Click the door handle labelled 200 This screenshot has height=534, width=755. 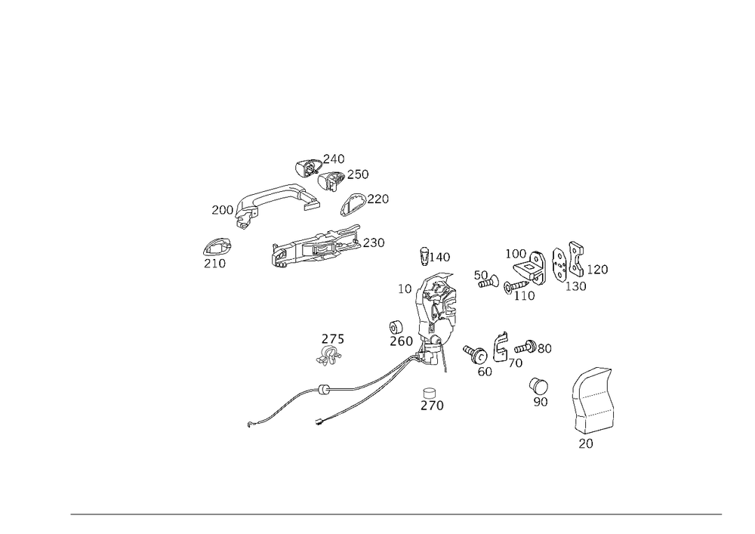270,196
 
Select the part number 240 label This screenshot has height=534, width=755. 334,159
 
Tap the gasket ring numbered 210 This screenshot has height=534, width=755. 217,247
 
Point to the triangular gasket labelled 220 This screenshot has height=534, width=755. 353,204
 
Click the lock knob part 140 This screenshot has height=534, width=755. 424,256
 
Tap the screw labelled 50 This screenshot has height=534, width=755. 488,282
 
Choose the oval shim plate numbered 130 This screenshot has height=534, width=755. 560,264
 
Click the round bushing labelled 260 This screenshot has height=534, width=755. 396,327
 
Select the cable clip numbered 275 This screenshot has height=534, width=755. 329,355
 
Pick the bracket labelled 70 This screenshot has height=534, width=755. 501,347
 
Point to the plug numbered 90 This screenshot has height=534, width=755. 539,386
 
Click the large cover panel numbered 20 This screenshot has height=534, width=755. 593,400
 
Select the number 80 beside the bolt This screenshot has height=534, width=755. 544,348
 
